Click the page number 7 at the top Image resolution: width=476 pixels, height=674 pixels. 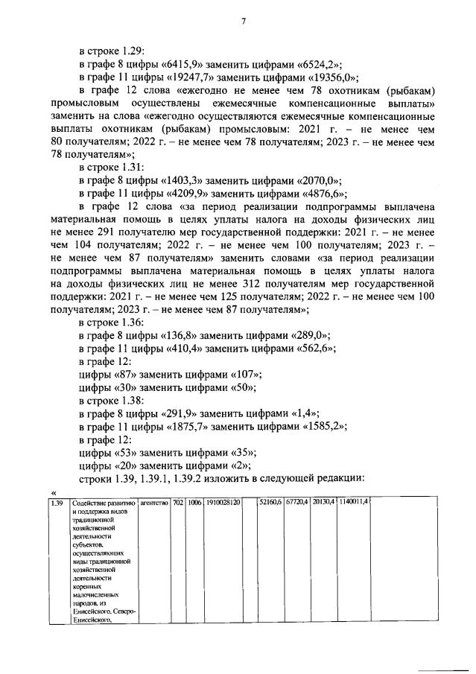point(243,21)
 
